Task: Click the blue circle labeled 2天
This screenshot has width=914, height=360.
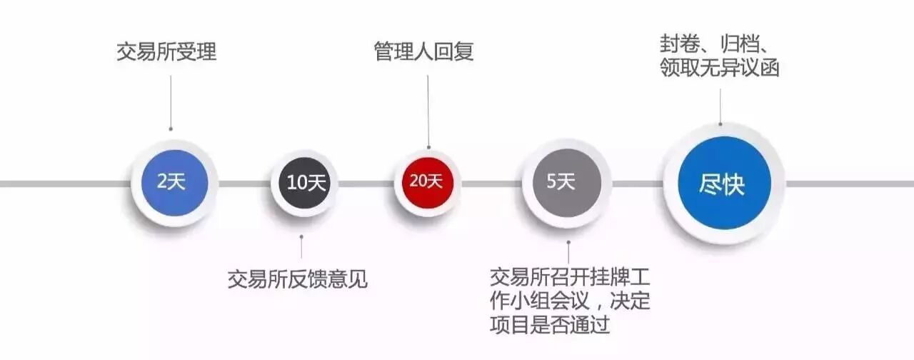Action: click(x=172, y=183)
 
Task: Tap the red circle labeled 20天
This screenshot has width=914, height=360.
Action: click(x=427, y=182)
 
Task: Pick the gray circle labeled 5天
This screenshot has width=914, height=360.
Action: click(x=561, y=183)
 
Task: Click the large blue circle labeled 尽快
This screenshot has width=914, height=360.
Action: click(x=722, y=185)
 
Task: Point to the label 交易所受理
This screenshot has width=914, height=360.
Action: click(x=166, y=52)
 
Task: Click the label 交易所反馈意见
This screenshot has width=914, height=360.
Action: click(x=297, y=278)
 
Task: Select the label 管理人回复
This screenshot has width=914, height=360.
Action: click(x=424, y=52)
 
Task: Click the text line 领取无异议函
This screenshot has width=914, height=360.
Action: click(x=719, y=69)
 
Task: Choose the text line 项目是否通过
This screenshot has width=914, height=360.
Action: click(x=550, y=326)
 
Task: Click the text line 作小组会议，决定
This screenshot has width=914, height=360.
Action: click(x=571, y=301)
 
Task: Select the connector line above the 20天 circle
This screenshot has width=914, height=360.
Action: click(x=428, y=111)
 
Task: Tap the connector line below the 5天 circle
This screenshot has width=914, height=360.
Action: click(x=568, y=250)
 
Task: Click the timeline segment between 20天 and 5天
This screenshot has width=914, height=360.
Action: click(x=493, y=184)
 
